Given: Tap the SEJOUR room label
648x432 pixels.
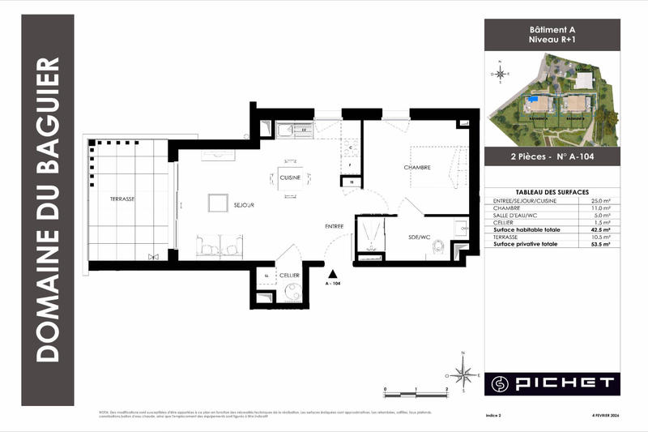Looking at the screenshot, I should pyautogui.click(x=245, y=206).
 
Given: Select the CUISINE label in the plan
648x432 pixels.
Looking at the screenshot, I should pyautogui.click(x=291, y=178).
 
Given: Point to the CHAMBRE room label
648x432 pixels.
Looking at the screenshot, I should pyautogui.click(x=416, y=168).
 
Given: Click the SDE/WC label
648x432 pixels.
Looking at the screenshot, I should pyautogui.click(x=419, y=237).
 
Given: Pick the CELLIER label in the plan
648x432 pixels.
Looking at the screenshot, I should pyautogui.click(x=290, y=276).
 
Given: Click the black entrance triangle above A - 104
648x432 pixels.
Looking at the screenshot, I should pyautogui.click(x=332, y=273).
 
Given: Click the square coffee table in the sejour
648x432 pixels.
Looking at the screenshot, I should pyautogui.click(x=219, y=203).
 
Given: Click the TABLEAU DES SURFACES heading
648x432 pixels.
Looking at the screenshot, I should pyautogui.click(x=551, y=192).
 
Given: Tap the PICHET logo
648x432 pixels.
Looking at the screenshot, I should pyautogui.click(x=551, y=382).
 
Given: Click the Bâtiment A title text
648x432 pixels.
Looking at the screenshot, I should pyautogui.click(x=551, y=28).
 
